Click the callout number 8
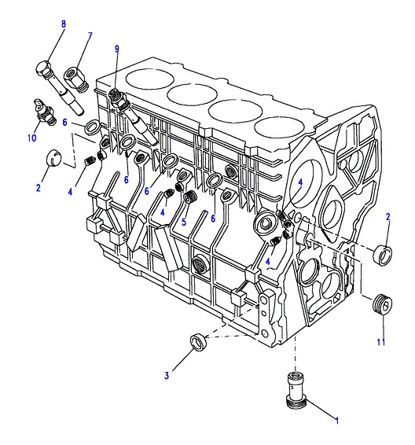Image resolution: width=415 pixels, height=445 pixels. point(63,24)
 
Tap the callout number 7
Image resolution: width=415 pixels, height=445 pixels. point(90,36)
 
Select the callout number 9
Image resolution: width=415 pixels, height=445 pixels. point(117,49)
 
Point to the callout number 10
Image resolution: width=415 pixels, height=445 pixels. point(32,138)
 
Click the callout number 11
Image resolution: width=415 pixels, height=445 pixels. point(381,342)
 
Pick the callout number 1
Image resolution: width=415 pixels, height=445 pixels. point(337,421)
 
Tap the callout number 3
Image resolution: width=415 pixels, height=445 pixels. point(167,376)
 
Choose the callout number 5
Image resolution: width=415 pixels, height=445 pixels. point(184,222)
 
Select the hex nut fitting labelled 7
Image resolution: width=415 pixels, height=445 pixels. point(76,79)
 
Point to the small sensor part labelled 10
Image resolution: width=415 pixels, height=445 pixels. point(44,112)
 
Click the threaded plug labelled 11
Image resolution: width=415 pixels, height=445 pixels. point(382,304)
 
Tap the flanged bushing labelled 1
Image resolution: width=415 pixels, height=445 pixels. point(297,390)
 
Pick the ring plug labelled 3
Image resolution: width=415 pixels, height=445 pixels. point(199,343)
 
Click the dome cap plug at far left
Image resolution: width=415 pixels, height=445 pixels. point(54,157)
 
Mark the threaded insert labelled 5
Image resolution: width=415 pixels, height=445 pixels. point(191,197)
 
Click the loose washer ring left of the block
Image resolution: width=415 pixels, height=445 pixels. point(92,127)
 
